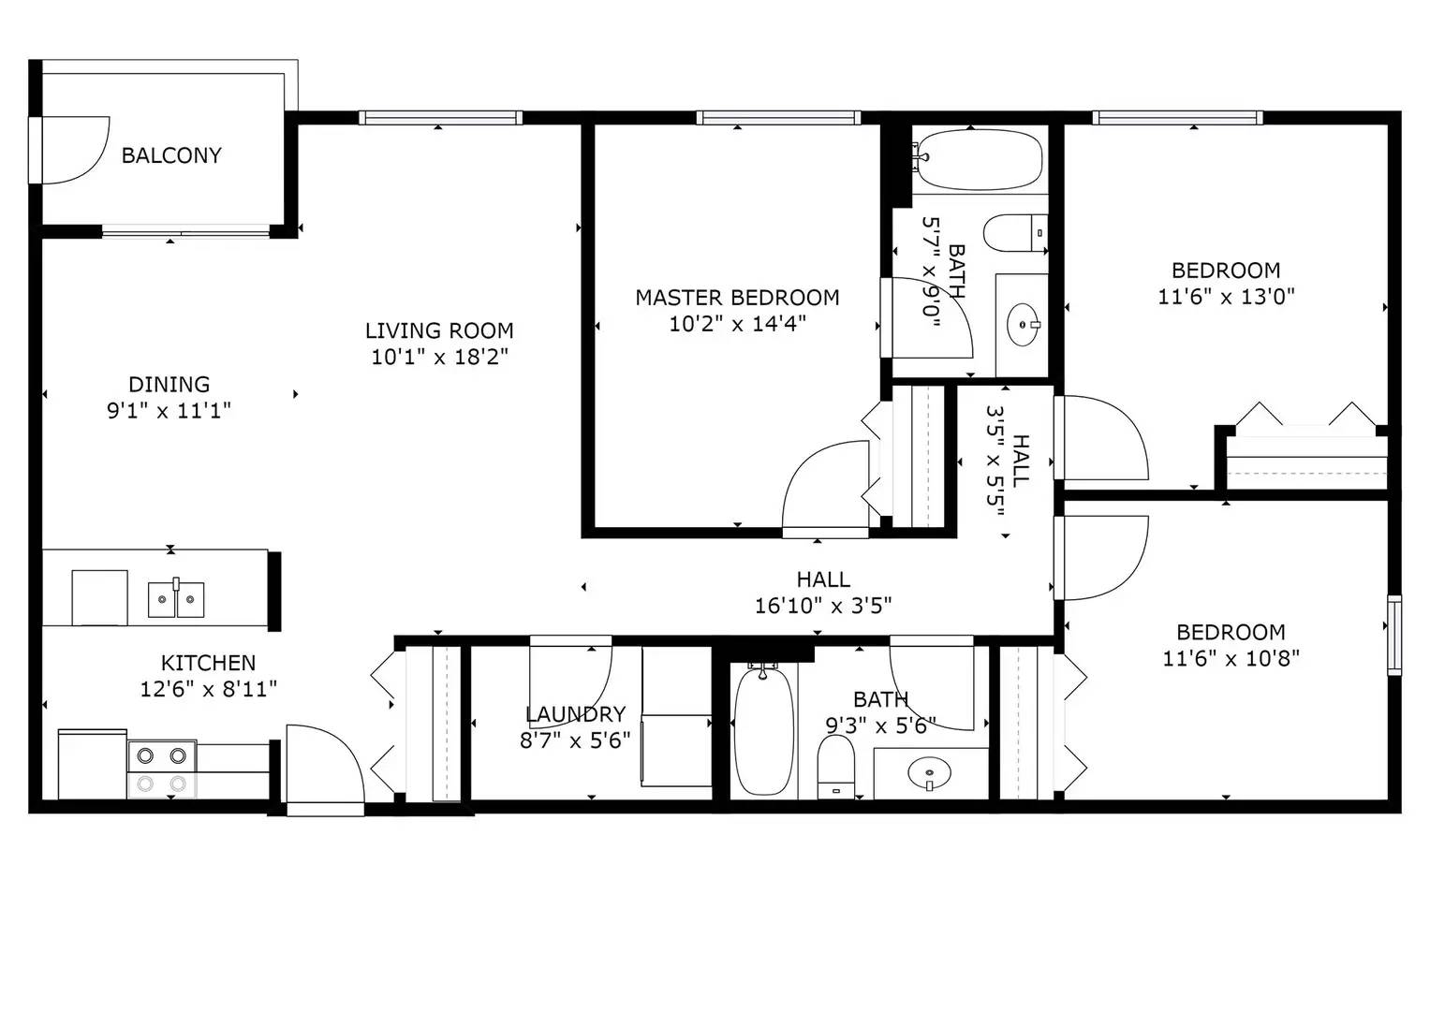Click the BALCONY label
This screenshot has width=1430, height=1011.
tap(171, 155)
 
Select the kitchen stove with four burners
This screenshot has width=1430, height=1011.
tap(162, 769)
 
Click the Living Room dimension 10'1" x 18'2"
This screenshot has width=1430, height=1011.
tap(439, 357)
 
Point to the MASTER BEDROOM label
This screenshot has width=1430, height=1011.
tap(737, 298)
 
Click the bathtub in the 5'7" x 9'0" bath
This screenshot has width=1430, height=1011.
tap(979, 160)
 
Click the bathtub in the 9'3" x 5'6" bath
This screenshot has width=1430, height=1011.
tap(763, 730)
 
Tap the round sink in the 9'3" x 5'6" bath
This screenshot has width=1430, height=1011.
tap(929, 773)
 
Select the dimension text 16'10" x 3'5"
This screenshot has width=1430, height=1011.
tap(822, 606)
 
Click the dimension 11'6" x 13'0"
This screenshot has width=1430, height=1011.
tap(1226, 297)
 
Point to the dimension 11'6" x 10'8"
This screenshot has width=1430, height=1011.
tap(1231, 658)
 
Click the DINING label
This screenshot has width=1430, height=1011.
tap(169, 384)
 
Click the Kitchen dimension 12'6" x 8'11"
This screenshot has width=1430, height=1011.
tap(208, 689)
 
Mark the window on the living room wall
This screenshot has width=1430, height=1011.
tap(440, 118)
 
